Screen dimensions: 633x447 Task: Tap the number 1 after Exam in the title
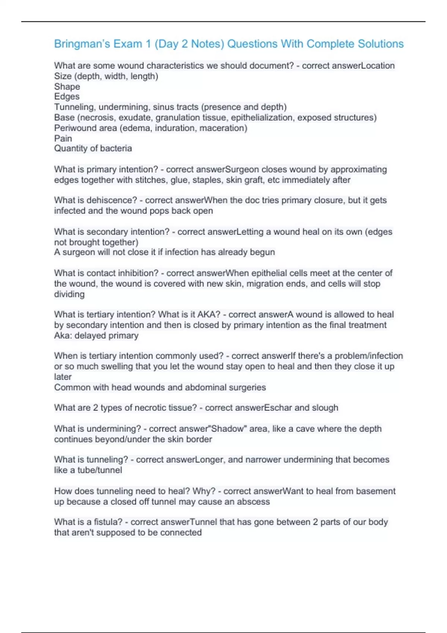coord(148,44)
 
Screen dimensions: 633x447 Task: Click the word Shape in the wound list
coord(67,87)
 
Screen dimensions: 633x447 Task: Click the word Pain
coord(63,139)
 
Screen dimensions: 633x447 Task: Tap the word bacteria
coord(116,149)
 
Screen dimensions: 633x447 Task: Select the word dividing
coord(69,294)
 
